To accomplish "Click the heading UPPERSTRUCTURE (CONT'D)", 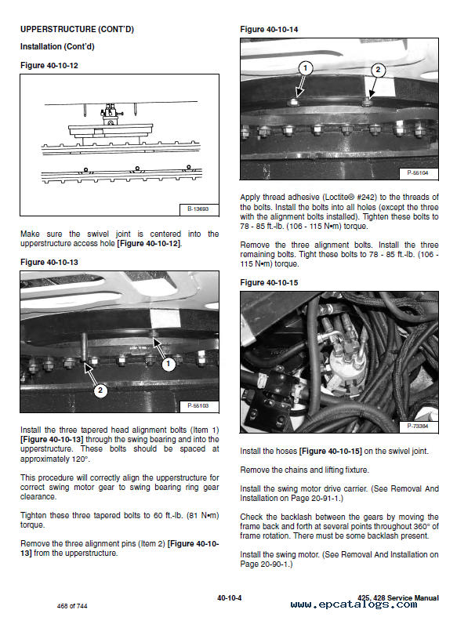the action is click(x=77, y=29).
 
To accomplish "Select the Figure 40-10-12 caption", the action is click(x=49, y=65).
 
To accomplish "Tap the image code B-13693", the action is click(x=198, y=209).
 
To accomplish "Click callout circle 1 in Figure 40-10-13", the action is click(x=169, y=364).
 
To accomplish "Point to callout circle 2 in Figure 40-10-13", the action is click(x=100, y=390).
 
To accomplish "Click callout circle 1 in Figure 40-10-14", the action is click(x=305, y=68).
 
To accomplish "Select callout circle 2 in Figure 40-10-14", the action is click(x=378, y=70).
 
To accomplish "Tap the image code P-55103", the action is click(x=198, y=405).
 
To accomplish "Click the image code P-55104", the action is click(x=418, y=172).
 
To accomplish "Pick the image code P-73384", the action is click(x=418, y=426).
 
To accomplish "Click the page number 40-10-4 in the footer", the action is click(x=230, y=598).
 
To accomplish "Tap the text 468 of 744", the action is click(x=72, y=606).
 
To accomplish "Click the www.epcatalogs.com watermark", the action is click(x=354, y=604).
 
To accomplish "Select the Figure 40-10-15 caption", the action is click(x=269, y=282).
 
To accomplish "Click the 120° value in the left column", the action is click(x=80, y=459).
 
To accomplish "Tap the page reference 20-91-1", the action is click(x=327, y=498).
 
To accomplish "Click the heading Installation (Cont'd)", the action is click(x=57, y=46).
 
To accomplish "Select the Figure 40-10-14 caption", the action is click(x=269, y=29).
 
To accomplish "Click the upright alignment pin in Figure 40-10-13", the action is click(x=83, y=347).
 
